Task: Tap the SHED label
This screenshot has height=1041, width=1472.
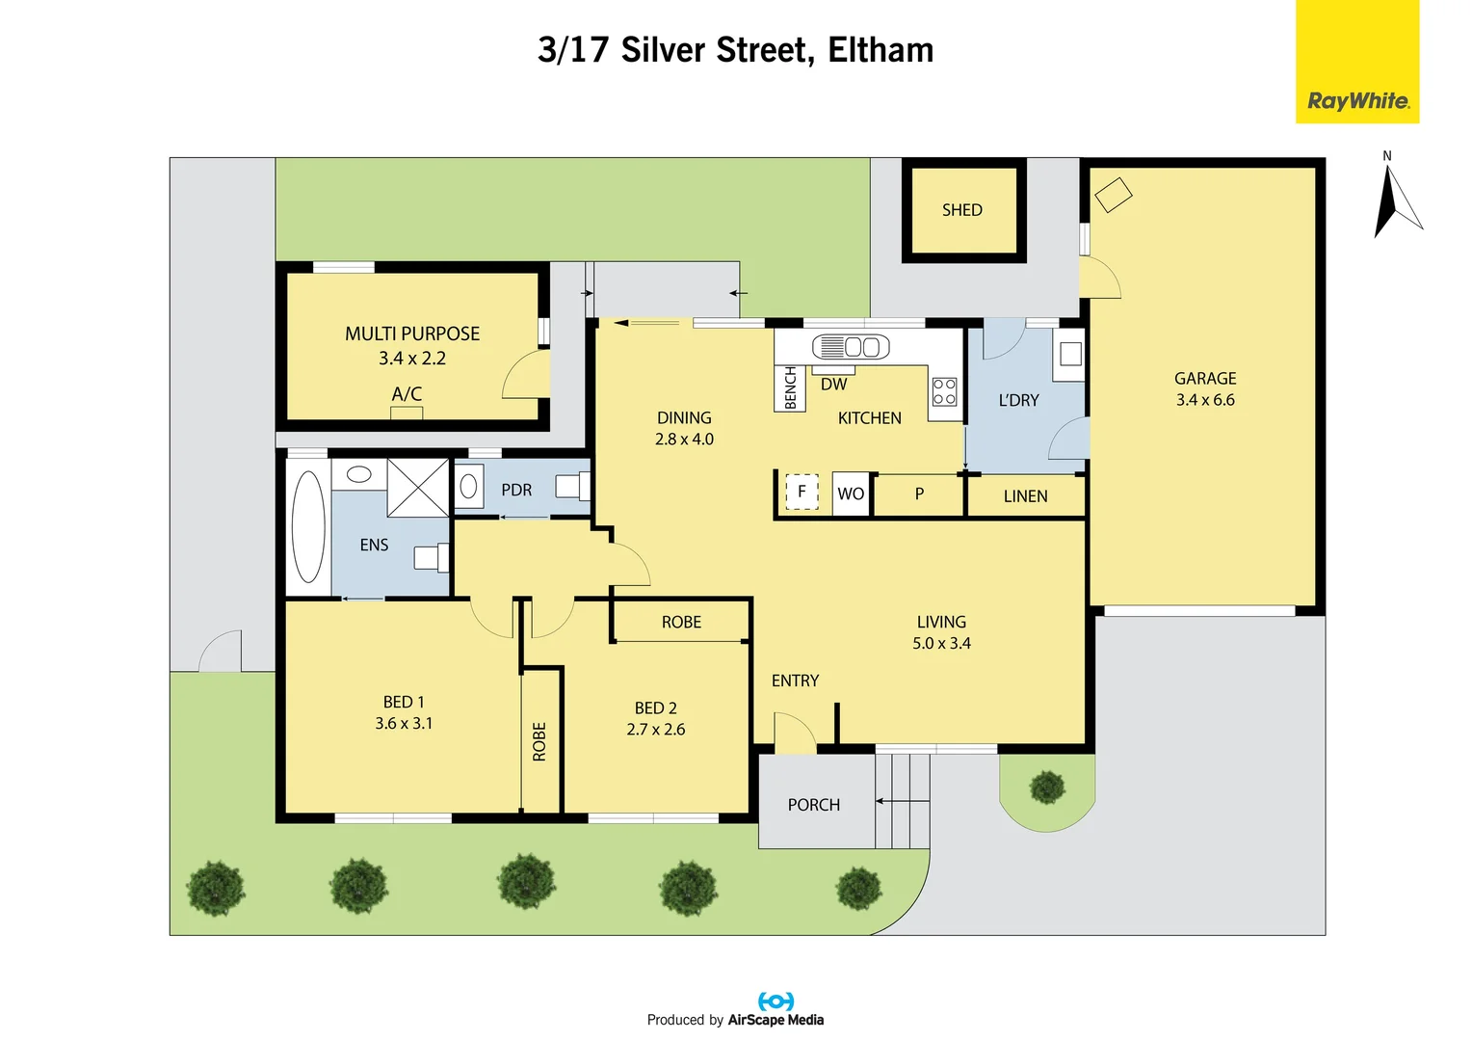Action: (x=961, y=210)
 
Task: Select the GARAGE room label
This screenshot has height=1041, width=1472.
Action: (x=1204, y=379)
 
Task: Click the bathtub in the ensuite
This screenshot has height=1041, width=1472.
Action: (x=308, y=526)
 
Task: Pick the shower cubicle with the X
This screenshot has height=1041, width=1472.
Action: (x=418, y=488)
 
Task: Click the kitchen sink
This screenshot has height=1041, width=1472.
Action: (x=850, y=347)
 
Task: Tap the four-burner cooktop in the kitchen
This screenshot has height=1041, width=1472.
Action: (x=944, y=391)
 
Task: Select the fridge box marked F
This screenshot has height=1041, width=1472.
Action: (x=802, y=492)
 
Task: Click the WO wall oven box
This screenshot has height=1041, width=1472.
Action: (x=851, y=494)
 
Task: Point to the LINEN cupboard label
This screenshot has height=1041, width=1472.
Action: (x=1025, y=496)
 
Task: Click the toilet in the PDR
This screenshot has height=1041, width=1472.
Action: (x=570, y=487)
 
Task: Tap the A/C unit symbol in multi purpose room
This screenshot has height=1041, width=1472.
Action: (x=406, y=414)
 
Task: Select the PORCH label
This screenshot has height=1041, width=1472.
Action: (x=813, y=805)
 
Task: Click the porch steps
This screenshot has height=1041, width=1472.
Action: (x=903, y=801)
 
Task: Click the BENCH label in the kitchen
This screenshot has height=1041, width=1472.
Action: (x=790, y=388)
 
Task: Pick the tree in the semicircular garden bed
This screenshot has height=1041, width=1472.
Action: (x=1046, y=787)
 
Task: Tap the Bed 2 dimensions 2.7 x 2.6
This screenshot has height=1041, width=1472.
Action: (x=655, y=730)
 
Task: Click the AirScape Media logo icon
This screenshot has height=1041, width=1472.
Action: (x=775, y=1001)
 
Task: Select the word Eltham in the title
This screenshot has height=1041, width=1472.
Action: (x=881, y=50)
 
